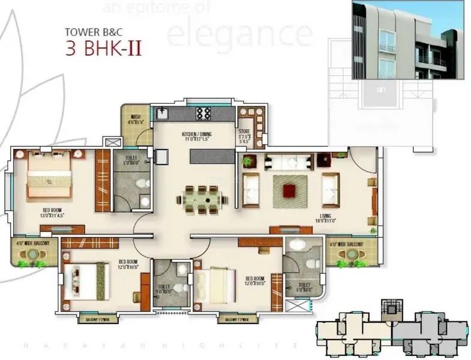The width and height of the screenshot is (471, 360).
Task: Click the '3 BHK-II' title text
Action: pos(103,47)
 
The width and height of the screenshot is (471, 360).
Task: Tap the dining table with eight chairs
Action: pos(202,199)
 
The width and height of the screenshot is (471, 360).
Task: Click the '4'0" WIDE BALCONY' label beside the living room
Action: pos(348,244)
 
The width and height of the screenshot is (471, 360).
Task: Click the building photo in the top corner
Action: pos(407,40)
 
